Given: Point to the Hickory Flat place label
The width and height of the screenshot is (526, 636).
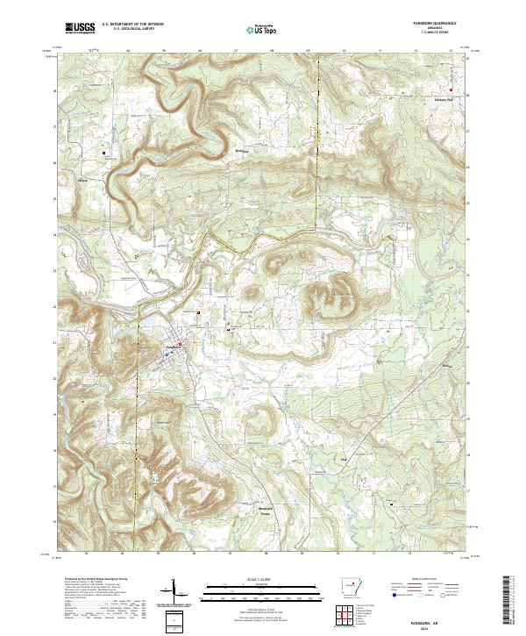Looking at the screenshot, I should tap(444, 99).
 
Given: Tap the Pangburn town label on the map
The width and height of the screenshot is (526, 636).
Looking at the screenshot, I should tap(173, 347).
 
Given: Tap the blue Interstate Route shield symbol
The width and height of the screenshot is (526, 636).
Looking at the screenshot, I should tap(389, 594).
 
